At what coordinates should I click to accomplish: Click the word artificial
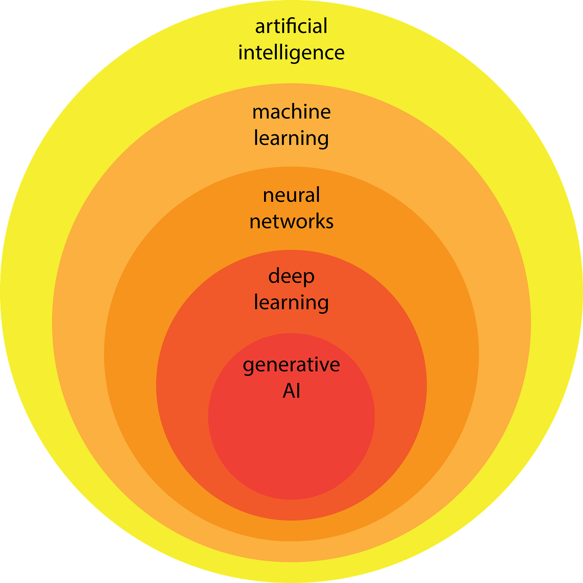click(x=291, y=27)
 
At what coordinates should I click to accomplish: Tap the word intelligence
click(x=291, y=53)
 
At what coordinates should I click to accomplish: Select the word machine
click(x=291, y=112)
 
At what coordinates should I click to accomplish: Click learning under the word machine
click(x=291, y=139)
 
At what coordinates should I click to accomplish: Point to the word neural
click(x=291, y=195)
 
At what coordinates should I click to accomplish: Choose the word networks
click(x=291, y=222)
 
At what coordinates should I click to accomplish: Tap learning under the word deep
click(x=291, y=303)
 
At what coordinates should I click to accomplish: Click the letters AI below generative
click(x=291, y=391)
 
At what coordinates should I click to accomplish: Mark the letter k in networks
click(x=319, y=222)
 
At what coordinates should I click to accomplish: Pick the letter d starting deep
click(x=274, y=276)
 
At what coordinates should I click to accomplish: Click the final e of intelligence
click(x=339, y=54)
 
